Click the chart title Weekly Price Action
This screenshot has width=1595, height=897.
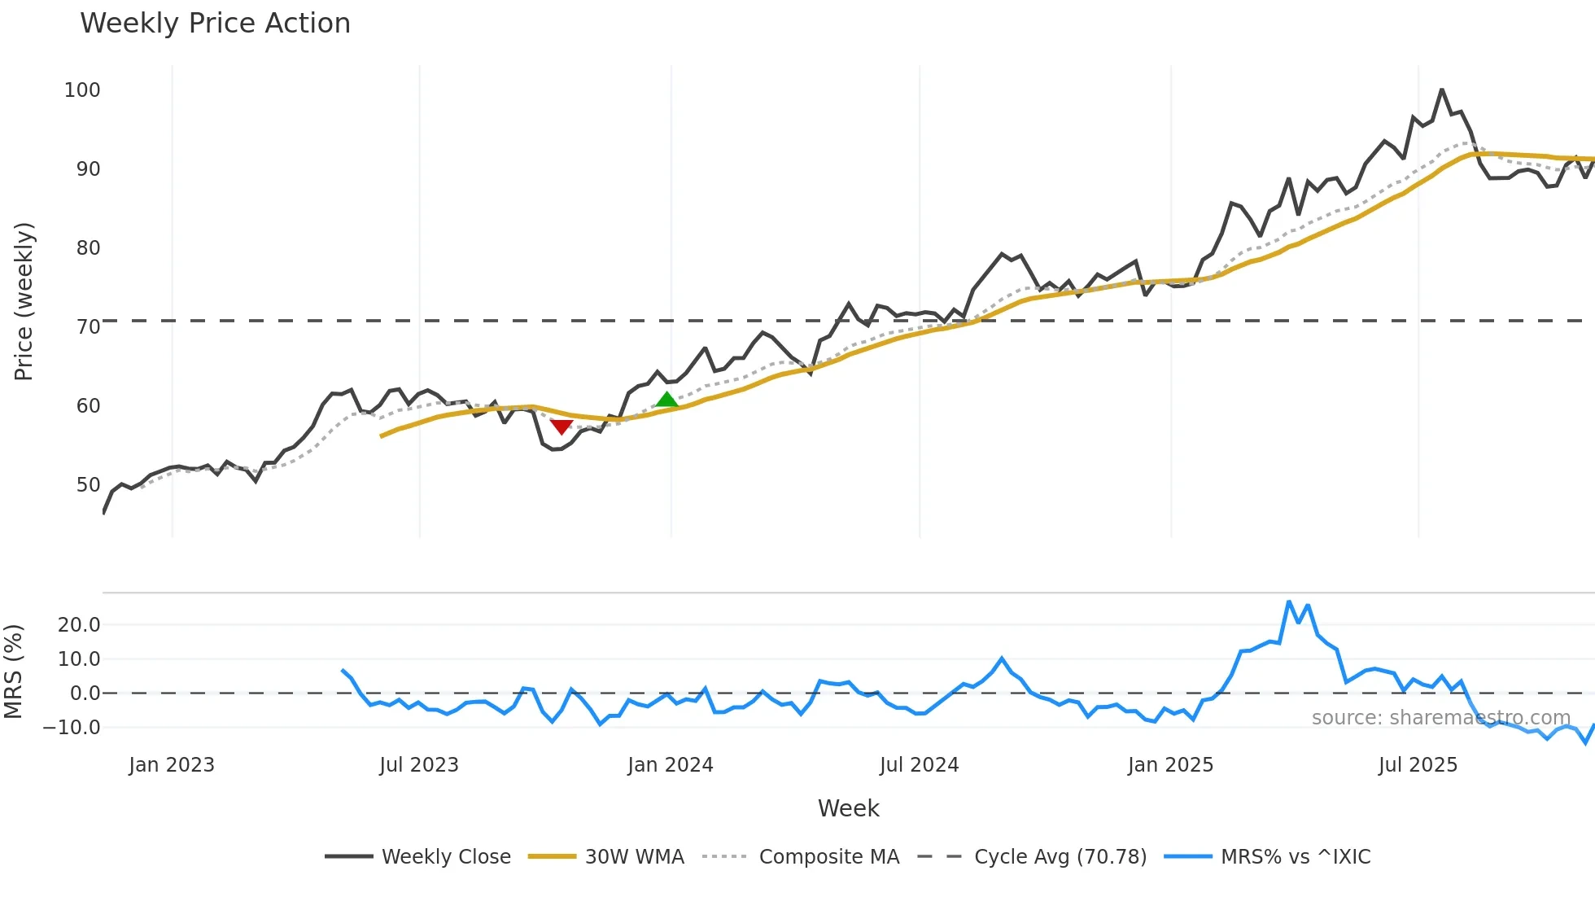(x=215, y=24)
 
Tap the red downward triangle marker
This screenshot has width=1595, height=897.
(x=562, y=427)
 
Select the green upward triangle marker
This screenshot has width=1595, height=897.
(x=666, y=399)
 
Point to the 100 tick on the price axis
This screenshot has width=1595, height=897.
(x=82, y=90)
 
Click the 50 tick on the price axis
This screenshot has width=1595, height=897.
(x=88, y=485)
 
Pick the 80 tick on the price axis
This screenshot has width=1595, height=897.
(x=88, y=248)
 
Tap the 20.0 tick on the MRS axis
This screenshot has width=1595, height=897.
(x=79, y=625)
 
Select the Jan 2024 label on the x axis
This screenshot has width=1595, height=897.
(x=671, y=765)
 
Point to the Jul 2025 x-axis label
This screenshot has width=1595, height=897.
(x=1418, y=765)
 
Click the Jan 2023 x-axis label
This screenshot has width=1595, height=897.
(x=172, y=765)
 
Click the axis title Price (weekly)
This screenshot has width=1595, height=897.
(x=24, y=301)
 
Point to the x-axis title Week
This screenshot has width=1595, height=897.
(x=848, y=808)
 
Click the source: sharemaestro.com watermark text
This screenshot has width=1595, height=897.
(x=1440, y=718)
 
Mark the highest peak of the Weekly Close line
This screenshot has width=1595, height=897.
(x=1441, y=90)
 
